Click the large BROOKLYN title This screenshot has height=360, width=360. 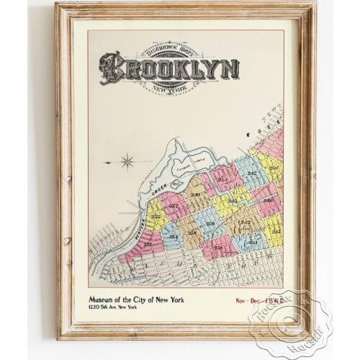pyautogui.click(x=169, y=68)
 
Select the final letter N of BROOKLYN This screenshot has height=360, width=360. pyautogui.click(x=230, y=69)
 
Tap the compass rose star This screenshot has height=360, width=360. pyautogui.click(x=127, y=161)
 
